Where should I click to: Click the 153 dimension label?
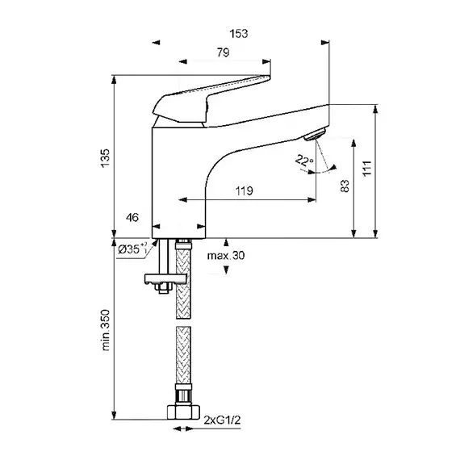239,34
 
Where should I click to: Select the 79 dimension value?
223,52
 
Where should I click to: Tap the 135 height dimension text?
105,158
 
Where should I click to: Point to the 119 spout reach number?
244,191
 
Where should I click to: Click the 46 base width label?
132,218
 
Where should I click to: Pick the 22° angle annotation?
304,160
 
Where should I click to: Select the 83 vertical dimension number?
345,186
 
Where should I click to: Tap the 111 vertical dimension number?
367,168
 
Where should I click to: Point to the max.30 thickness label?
226,256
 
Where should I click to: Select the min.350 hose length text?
106,330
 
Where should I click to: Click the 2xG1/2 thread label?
222,420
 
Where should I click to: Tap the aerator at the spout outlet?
316,134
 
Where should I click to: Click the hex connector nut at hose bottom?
183,412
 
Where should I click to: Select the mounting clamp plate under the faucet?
165,278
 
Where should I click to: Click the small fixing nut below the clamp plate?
163,287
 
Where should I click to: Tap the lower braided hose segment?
183,355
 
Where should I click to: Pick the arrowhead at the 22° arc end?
333,167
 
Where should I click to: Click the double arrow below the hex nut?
183,429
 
